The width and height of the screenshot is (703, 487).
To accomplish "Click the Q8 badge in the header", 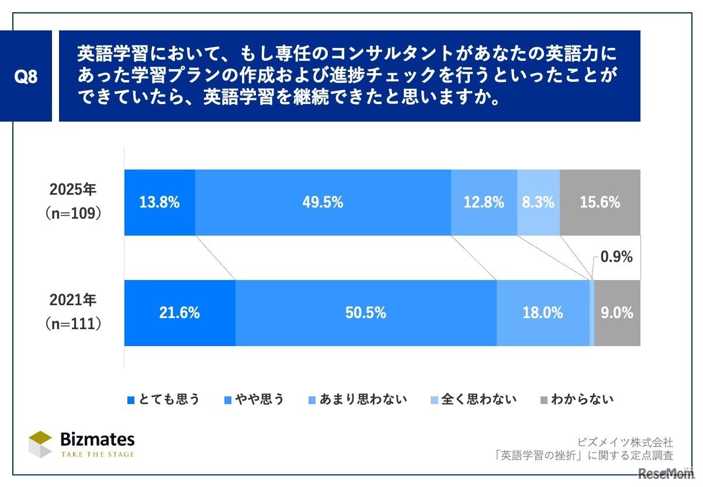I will (26, 77).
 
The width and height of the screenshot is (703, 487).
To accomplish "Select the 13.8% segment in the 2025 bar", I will (160, 203).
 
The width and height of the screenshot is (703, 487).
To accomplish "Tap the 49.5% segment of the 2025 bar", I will (323, 203).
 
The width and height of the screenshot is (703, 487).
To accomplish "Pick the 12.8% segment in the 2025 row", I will (484, 203).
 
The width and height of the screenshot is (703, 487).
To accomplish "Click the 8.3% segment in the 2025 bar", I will (538, 203).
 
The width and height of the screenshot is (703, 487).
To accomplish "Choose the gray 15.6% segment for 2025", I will (600, 203).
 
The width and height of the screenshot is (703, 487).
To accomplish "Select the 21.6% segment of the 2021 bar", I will (179, 313).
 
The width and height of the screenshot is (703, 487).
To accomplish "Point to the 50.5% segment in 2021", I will (366, 313).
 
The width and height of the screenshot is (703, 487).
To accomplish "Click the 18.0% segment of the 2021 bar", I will (543, 313).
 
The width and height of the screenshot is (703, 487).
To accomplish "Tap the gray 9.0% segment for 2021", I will (617, 313).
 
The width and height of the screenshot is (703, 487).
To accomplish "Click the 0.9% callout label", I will (617, 257).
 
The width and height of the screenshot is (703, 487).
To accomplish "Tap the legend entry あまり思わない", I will (358, 399).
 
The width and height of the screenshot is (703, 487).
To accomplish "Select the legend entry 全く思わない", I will (473, 399).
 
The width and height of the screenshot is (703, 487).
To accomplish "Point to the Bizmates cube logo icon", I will (40, 444).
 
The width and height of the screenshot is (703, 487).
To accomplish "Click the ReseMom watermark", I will (666, 473).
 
